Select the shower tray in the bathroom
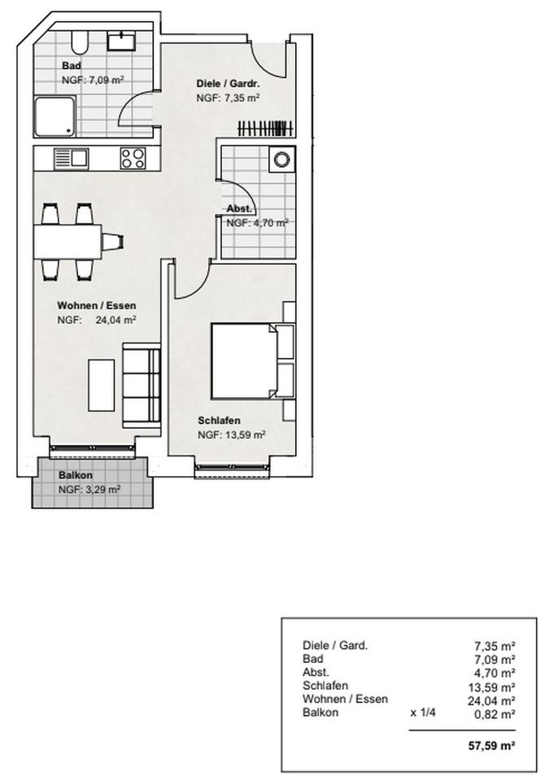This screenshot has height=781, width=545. (54, 116)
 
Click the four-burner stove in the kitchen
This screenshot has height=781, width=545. (133, 157)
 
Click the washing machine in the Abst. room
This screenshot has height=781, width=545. (282, 159)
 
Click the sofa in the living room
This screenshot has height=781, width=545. (142, 384)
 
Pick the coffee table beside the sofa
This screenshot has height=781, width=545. (102, 383)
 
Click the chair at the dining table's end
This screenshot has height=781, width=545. (113, 241)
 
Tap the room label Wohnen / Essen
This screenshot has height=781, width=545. (96, 306)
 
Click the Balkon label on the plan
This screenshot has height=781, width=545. (75, 476)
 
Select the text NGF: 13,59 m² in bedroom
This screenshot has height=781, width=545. (232, 435)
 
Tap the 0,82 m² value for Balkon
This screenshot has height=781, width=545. (495, 713)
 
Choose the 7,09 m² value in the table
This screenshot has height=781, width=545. (495, 659)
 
